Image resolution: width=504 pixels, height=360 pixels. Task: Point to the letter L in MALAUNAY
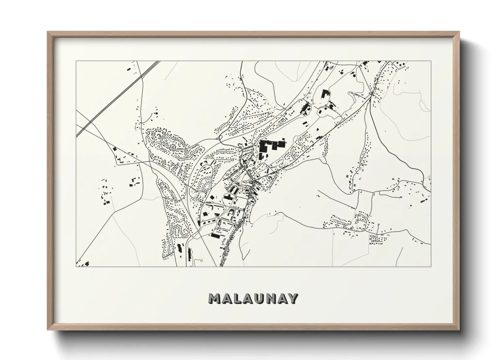click(236, 299)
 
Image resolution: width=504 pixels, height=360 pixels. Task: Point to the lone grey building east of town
click(347, 176)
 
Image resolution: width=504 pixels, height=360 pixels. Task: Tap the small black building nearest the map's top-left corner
click(128, 69)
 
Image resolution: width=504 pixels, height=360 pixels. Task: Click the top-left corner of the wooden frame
click(48, 32)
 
